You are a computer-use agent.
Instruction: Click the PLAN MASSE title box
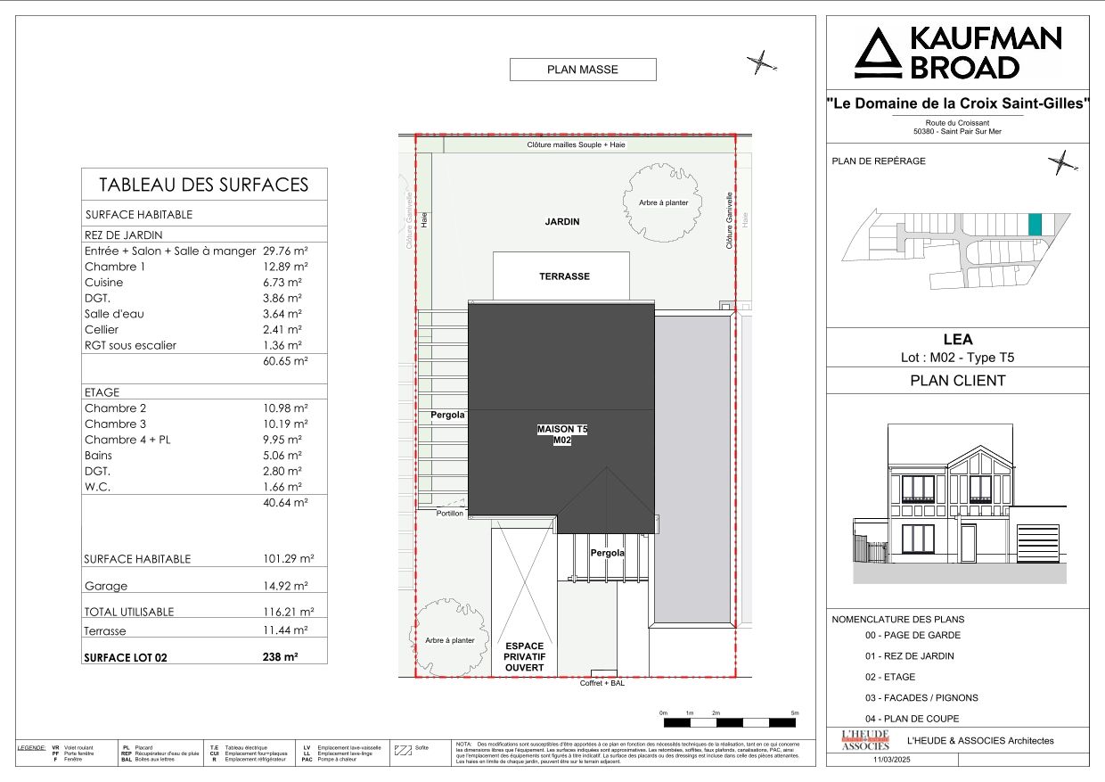point(582,70)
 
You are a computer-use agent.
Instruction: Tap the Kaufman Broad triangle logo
point(879,54)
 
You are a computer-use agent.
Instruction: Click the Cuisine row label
point(104,283)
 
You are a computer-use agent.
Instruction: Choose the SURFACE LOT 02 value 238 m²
point(280,657)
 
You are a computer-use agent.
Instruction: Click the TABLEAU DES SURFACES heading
point(203,185)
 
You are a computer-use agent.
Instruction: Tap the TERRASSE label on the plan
point(564,276)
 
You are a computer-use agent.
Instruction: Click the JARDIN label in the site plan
point(562,222)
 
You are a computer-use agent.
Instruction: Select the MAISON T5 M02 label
point(562,434)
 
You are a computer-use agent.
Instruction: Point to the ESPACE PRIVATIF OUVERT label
point(524,656)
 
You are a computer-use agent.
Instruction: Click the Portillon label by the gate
point(449,514)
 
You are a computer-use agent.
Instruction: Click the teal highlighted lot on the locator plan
point(1035,225)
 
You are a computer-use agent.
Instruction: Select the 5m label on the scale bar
point(795,713)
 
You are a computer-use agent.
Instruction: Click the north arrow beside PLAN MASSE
point(760,62)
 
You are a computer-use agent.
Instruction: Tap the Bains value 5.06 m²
point(283,456)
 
